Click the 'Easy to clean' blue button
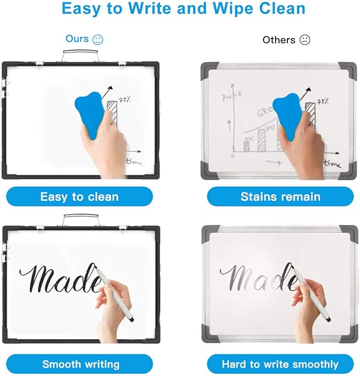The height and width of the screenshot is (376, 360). pyautogui.click(x=79, y=197)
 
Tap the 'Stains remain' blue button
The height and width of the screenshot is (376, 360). pyautogui.click(x=280, y=197)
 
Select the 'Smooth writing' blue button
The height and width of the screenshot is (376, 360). pyautogui.click(x=81, y=364)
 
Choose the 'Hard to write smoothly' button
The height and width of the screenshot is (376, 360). pyautogui.click(x=280, y=364)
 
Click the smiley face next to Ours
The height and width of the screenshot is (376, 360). pyautogui.click(x=97, y=39)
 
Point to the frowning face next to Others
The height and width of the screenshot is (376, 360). pyautogui.click(x=304, y=40)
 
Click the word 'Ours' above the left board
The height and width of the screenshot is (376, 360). pyautogui.click(x=77, y=39)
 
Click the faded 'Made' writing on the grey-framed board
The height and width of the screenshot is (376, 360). pyautogui.click(x=257, y=277)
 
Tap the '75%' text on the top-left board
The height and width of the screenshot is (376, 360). pyautogui.click(x=125, y=99)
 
